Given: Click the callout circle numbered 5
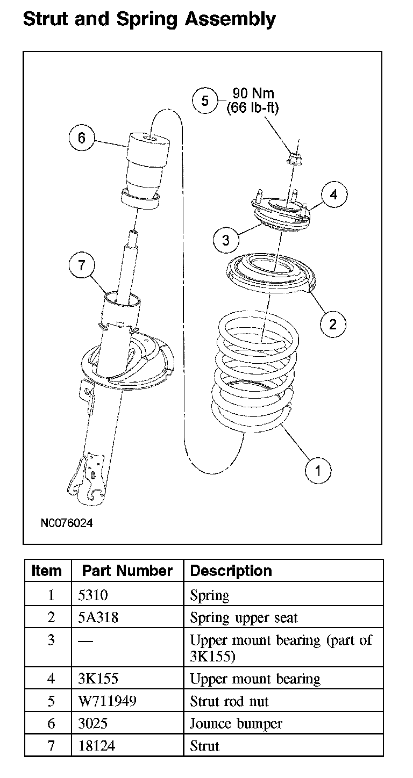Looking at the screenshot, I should [x=204, y=100].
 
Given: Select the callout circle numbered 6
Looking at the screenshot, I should [x=81, y=138].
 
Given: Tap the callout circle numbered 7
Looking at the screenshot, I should [x=82, y=265].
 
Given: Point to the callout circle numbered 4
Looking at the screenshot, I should [x=333, y=194].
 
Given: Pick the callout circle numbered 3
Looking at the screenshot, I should [x=225, y=240].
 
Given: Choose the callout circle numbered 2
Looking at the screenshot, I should [x=333, y=323].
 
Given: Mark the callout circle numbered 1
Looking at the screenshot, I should [x=318, y=471].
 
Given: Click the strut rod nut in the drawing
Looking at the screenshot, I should [x=294, y=157].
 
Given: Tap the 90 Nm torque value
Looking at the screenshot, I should [x=253, y=94].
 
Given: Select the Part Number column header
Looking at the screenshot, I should [x=127, y=571].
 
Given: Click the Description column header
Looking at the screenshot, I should [x=231, y=571].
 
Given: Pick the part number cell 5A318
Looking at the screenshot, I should [x=98, y=618].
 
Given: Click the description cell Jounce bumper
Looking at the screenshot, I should [x=236, y=724].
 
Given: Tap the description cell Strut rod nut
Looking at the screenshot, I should [x=229, y=701].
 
